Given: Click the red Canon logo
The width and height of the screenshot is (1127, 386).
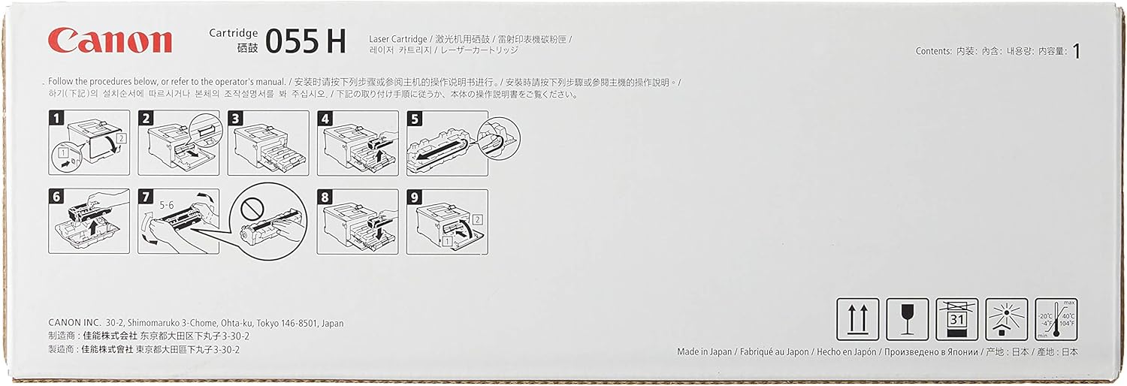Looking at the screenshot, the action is tap(110, 41).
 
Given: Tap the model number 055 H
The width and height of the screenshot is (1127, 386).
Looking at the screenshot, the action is tap(305, 41).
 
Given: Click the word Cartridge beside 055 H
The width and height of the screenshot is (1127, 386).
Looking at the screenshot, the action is tap(234, 33).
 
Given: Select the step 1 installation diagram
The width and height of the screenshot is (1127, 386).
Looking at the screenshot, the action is tap(89, 143).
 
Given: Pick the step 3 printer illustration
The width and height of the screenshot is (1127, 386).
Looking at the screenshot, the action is tap(268, 143).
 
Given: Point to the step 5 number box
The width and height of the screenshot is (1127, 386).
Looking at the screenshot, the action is tap(415, 119).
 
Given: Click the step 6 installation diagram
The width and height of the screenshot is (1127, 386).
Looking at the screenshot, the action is tap(89, 221).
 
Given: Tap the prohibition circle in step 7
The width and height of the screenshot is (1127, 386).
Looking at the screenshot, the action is tap(252, 207).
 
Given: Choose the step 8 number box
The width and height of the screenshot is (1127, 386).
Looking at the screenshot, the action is tap(325, 197).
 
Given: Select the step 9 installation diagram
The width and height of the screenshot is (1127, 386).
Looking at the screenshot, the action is tap(447, 222).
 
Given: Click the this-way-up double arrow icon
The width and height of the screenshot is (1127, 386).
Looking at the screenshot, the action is tap(858, 319).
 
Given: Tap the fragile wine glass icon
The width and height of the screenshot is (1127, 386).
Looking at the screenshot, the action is tap(907, 319).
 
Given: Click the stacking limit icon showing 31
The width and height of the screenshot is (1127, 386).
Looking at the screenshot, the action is tap(957, 319).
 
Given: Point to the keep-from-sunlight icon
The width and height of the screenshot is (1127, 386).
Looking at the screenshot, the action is tap(1006, 319).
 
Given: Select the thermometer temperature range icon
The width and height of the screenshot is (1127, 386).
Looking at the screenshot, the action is tap(1056, 319).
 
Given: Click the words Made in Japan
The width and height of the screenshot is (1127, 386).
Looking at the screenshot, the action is tap(705, 351).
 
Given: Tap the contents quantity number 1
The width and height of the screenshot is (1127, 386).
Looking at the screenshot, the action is tap(1076, 51).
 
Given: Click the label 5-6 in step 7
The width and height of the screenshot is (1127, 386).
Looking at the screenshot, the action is tap(167, 205).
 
